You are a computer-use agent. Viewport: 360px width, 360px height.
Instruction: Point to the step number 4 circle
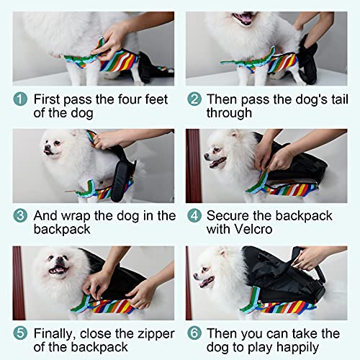point(194,216)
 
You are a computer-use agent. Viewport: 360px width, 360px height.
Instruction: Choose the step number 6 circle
point(194,334)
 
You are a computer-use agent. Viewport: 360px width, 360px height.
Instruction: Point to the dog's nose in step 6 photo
point(196,274)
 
